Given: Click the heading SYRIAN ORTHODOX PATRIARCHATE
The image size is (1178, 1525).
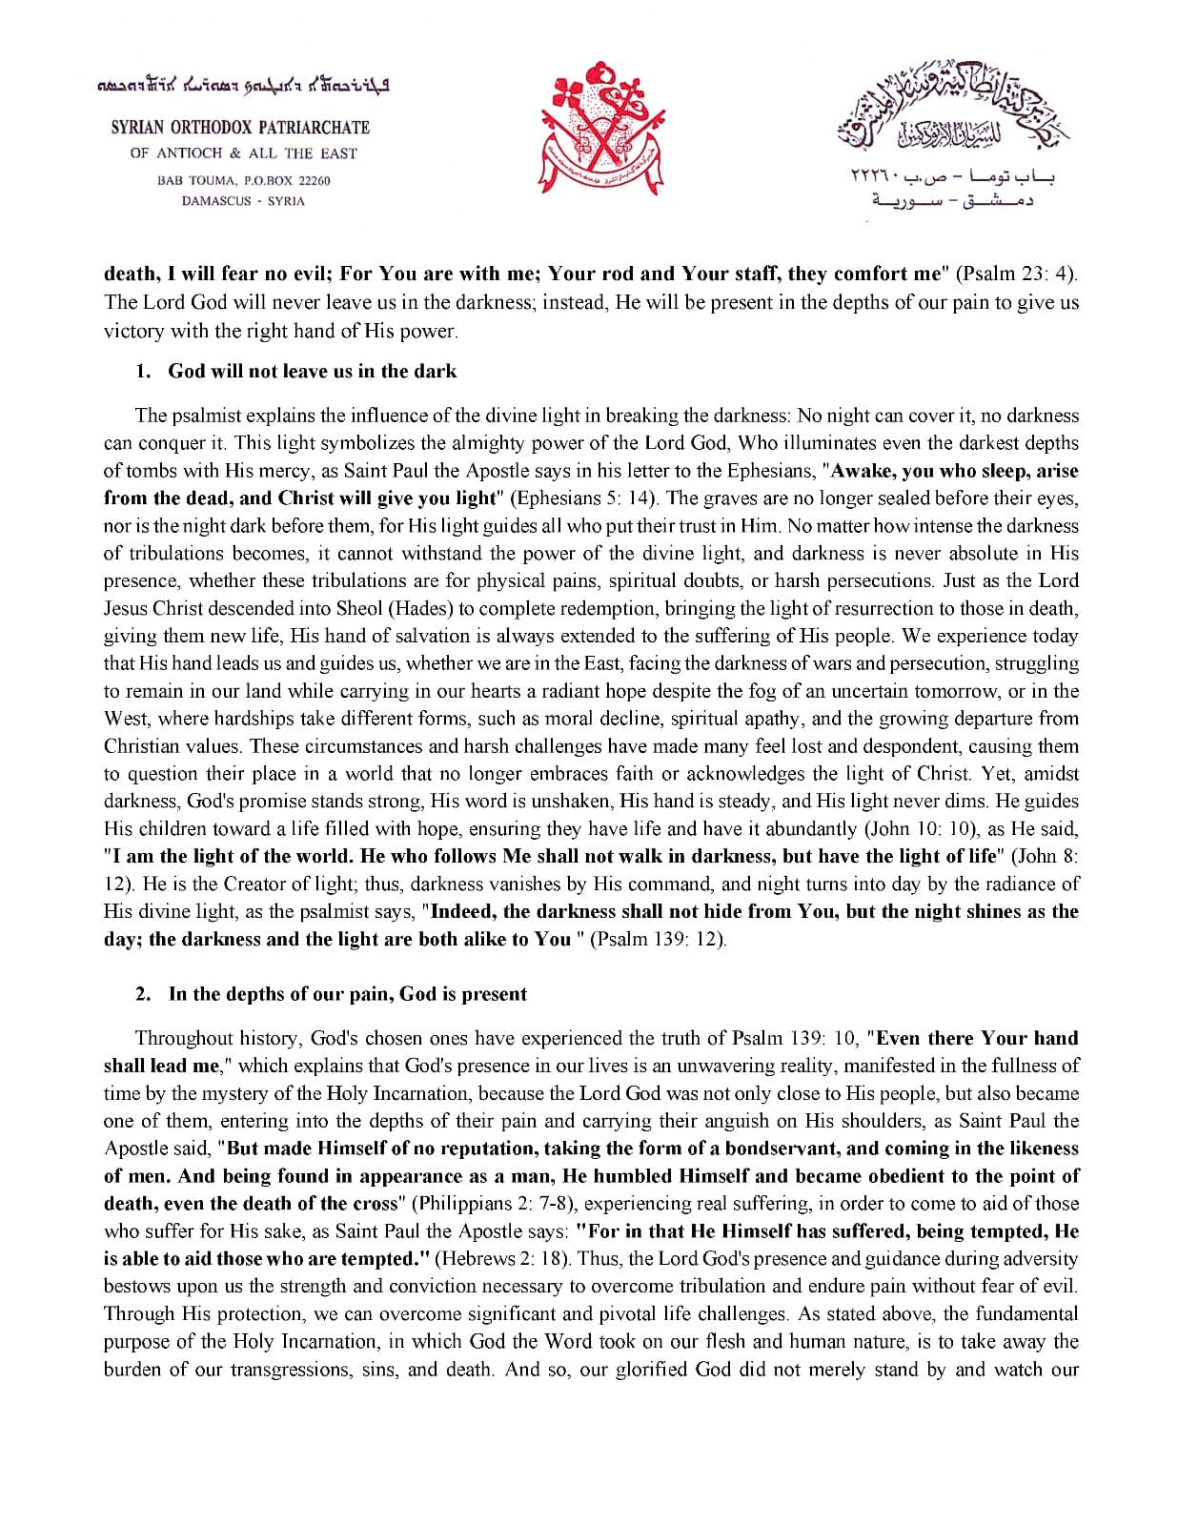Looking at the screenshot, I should click(240, 128).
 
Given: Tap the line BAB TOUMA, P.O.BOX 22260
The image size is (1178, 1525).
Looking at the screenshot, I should click(244, 180).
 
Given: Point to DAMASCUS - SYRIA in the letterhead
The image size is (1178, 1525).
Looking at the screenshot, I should click(243, 201).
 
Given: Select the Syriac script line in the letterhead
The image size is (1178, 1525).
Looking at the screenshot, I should click(244, 86).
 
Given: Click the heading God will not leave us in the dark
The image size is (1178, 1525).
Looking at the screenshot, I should click(312, 371).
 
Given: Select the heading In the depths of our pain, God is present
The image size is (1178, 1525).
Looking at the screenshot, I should click(347, 994).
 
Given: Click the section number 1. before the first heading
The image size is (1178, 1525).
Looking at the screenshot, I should click(143, 371).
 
